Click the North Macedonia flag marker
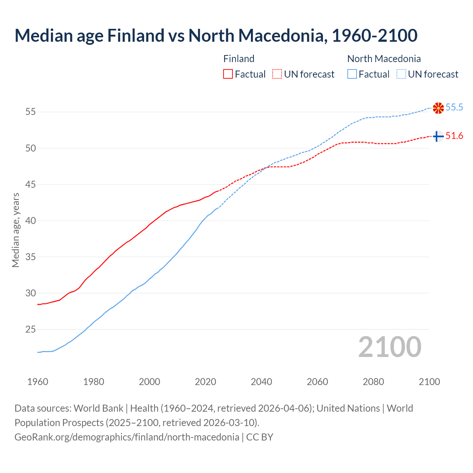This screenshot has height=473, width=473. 438,108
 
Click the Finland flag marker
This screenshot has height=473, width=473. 438,136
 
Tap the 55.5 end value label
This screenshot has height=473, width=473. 454,108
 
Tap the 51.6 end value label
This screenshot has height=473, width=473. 454,136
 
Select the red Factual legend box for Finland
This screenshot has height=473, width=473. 228,74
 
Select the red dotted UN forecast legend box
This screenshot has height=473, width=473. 277,74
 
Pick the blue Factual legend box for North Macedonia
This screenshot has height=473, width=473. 352,74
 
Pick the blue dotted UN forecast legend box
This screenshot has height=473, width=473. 401,74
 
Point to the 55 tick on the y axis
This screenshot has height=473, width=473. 31,112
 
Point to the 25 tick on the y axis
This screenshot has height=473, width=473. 31,329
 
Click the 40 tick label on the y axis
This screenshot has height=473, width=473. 31,221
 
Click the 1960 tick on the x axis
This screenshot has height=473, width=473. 38,382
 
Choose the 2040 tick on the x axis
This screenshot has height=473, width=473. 261,382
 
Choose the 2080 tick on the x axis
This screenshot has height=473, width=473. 373,382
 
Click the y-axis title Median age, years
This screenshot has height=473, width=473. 16,230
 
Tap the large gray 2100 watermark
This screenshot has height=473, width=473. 389,347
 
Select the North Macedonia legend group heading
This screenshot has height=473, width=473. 384,59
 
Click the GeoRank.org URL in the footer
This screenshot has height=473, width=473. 127,437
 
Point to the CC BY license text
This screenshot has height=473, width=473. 260,437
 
